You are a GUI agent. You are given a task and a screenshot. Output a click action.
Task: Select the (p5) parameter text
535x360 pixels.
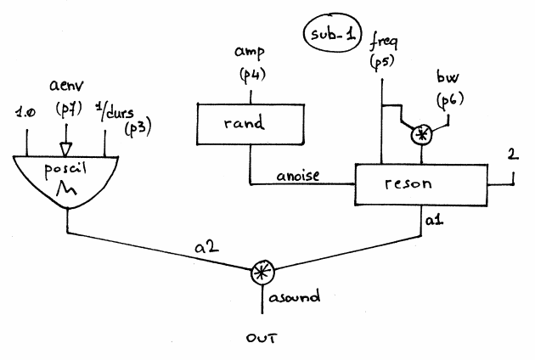pos(380,61)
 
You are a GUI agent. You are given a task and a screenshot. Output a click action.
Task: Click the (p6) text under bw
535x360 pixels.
pos(448,101)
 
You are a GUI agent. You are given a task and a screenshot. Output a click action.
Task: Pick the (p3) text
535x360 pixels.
pos(136,128)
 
